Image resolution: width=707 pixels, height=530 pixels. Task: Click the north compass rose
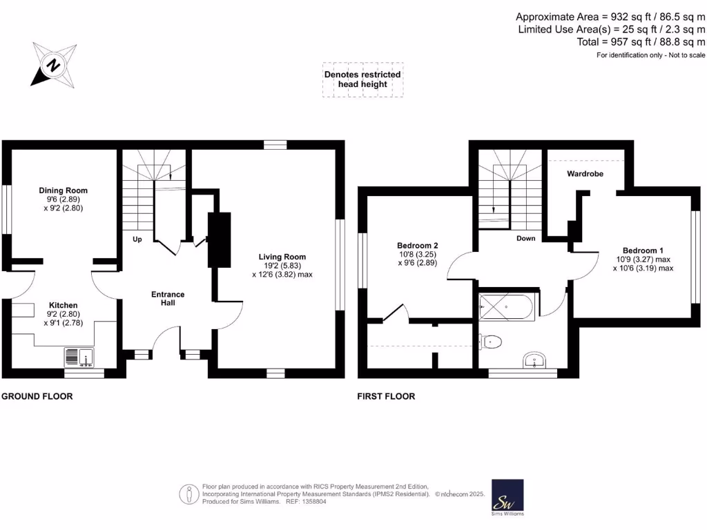point(53,65)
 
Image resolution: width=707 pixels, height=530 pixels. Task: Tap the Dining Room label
point(63,190)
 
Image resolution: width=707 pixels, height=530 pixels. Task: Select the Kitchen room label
point(63,305)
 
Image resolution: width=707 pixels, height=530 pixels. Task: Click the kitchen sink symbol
point(81,357)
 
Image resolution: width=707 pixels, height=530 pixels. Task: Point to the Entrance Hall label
point(168,298)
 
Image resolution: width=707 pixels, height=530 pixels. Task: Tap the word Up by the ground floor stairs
point(137,239)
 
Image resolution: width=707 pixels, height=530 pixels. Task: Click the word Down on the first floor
point(526,239)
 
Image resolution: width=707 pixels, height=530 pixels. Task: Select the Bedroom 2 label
point(417,245)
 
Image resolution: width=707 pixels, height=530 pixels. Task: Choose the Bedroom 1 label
point(642,251)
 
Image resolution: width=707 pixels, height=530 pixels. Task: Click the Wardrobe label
point(585,174)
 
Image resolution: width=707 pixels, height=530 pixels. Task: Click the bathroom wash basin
point(534,360)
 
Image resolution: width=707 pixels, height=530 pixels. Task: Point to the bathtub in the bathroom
point(506,306)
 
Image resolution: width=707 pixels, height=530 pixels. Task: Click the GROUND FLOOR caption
point(37,397)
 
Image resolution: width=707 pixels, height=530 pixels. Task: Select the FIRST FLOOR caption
point(386,397)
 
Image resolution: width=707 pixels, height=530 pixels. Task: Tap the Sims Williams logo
point(507,497)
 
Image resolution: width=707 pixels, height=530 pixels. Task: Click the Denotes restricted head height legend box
point(362,80)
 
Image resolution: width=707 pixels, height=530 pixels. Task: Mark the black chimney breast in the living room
point(220,239)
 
